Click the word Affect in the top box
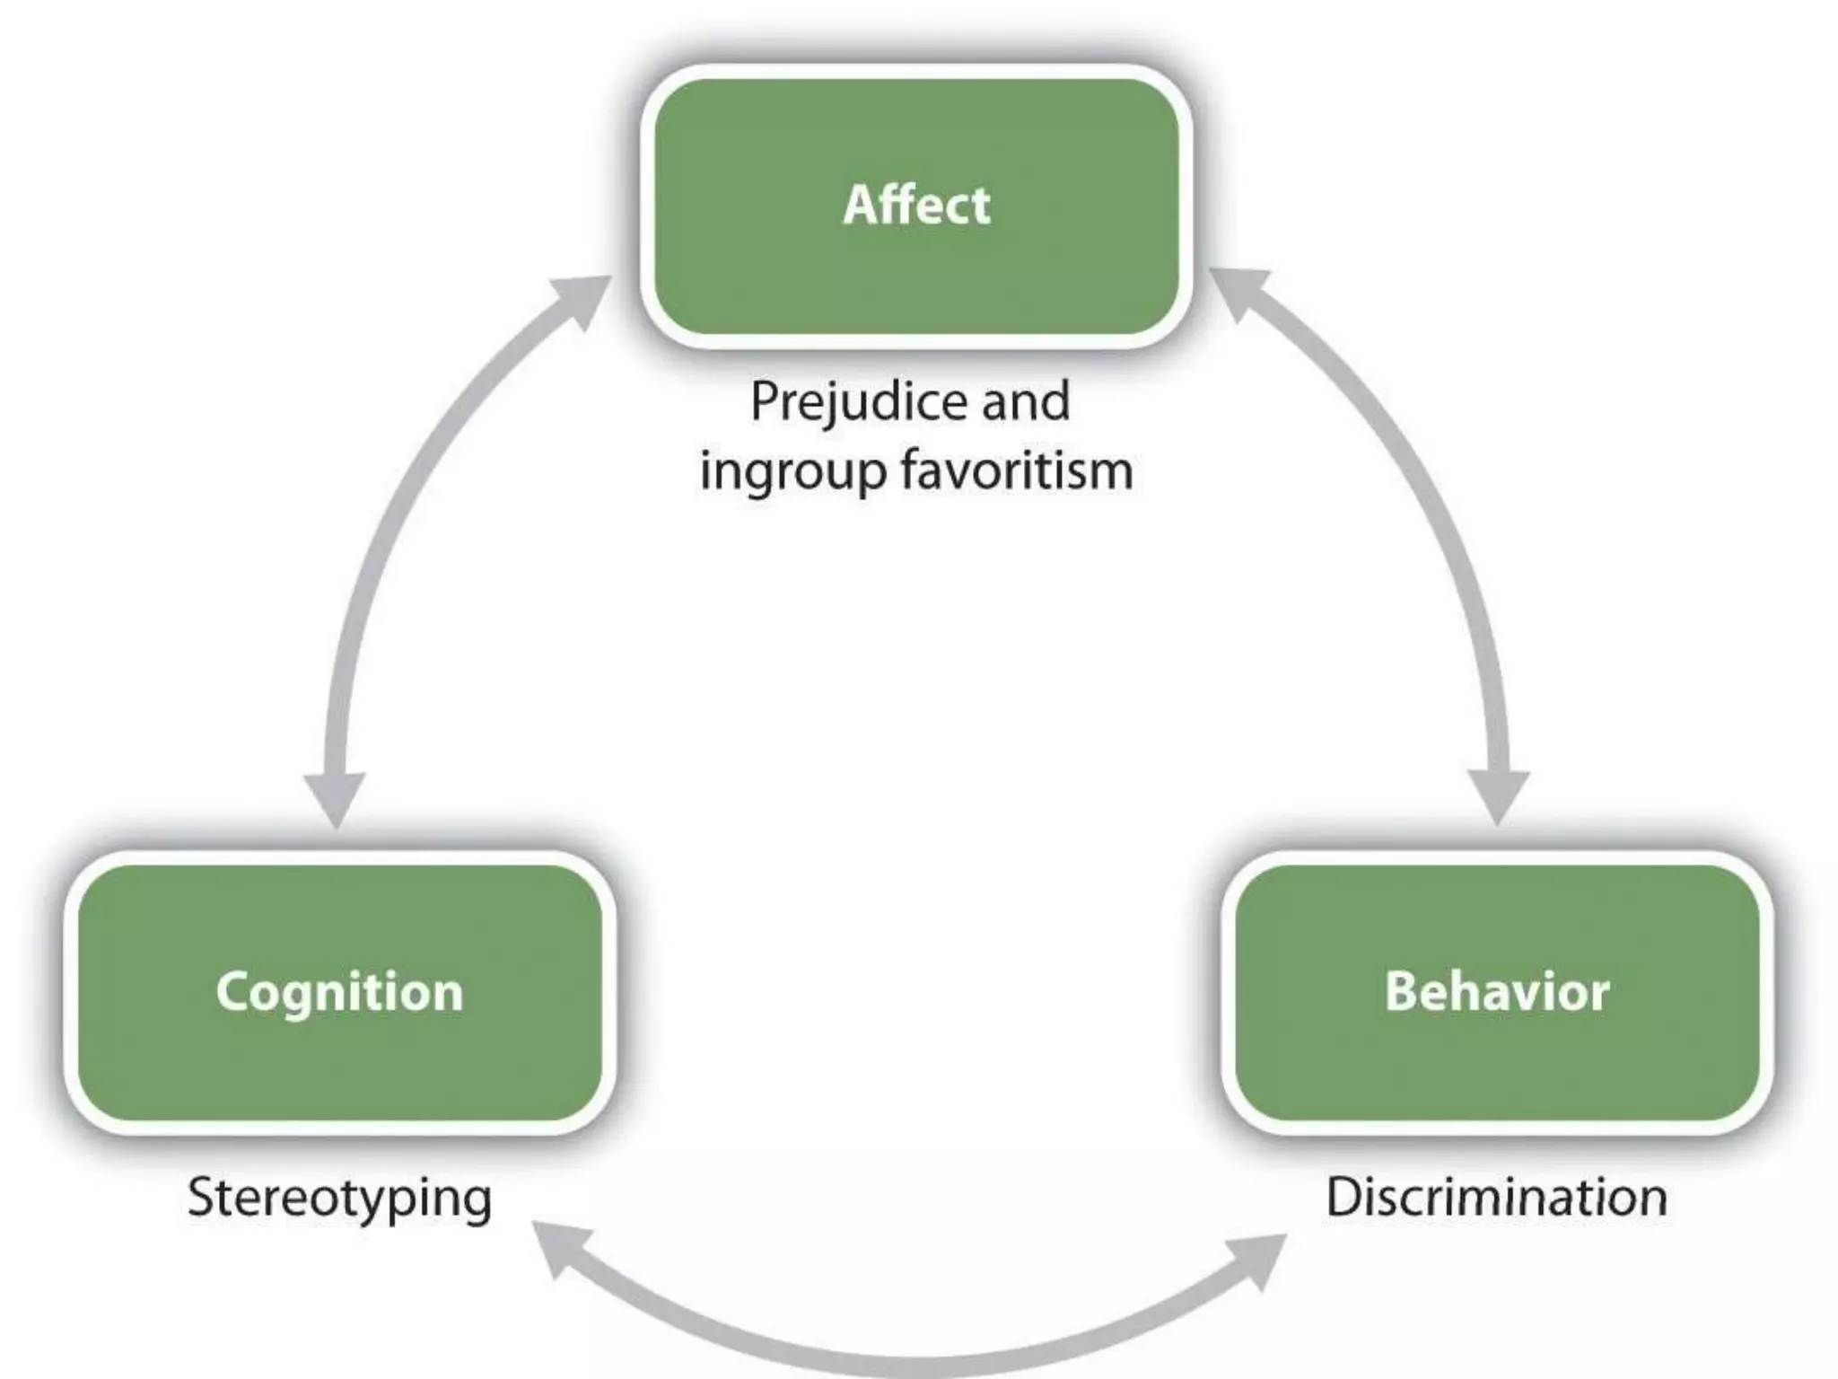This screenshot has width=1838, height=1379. click(x=916, y=205)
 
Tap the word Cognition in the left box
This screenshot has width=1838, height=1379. click(x=339, y=992)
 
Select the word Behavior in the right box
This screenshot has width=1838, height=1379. click(x=1496, y=992)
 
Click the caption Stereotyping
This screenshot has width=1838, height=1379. click(x=339, y=1199)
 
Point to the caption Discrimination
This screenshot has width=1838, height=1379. click(x=1496, y=1197)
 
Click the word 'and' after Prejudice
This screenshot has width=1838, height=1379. click(x=1026, y=401)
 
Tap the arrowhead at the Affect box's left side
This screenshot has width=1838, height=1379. click(x=582, y=298)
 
